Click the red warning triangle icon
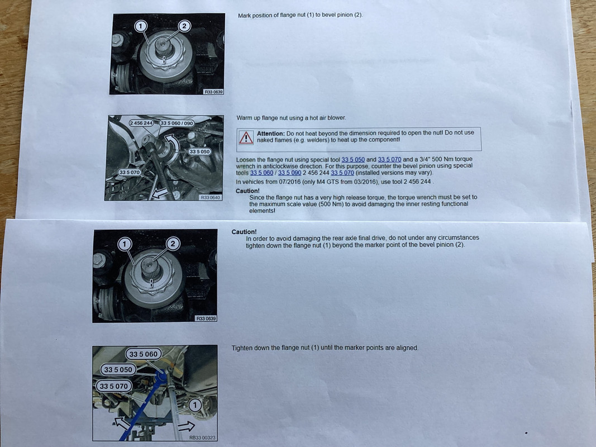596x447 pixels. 246,138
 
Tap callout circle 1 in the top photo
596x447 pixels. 141,26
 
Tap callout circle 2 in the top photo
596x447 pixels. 184,26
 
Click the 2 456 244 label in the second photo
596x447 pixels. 141,123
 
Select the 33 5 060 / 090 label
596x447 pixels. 177,123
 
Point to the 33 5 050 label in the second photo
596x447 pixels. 199,151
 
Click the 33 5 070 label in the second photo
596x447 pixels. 130,173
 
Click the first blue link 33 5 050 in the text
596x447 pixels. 353,160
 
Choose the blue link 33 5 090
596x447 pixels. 290,173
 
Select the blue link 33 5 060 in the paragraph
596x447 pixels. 261,173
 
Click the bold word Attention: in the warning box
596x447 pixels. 271,134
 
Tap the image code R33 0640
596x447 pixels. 210,198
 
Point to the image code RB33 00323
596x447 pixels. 202,438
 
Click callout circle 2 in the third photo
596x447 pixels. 173,244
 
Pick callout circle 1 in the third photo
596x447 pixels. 125,244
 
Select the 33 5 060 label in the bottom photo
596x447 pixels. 144,354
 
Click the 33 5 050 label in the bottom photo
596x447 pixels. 118,369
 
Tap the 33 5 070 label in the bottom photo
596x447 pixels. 113,386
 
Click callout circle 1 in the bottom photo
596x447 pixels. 195,405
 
